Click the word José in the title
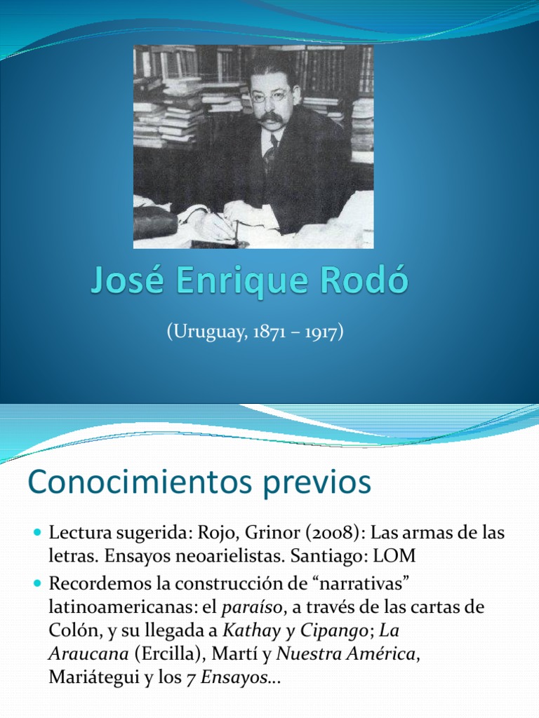(x=125, y=283)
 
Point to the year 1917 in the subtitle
(x=320, y=332)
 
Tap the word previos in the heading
(x=319, y=485)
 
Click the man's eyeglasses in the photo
(x=269, y=95)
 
